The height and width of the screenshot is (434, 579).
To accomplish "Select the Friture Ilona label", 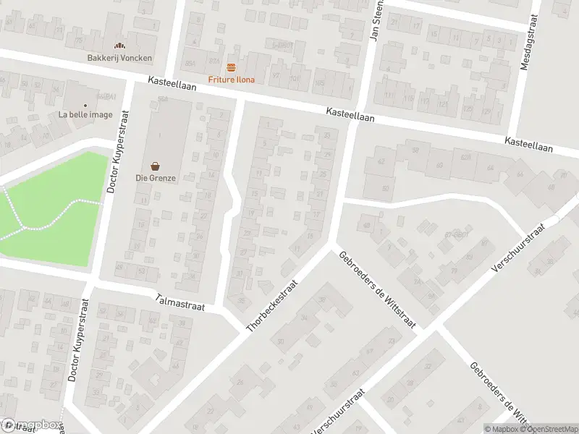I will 232,79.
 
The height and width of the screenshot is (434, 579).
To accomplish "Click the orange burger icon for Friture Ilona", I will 232,67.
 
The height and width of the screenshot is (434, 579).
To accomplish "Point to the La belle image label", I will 85,115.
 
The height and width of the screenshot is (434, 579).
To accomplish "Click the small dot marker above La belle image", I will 85,105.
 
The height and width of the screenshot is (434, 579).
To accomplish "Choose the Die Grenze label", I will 156,178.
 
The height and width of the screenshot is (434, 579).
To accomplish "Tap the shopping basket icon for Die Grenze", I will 156,166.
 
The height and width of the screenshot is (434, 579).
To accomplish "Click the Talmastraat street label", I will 180,302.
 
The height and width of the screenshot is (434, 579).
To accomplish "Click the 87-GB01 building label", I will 457,235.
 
